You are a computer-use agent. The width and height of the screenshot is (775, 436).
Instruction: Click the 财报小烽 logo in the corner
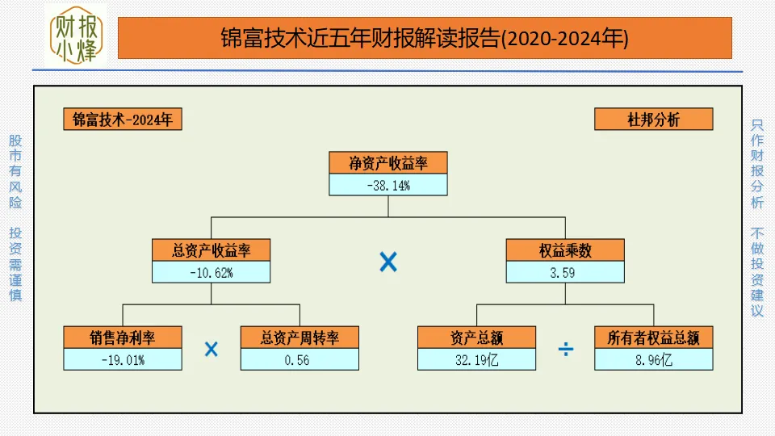[77, 37]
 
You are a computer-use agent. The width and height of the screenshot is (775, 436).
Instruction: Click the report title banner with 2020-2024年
[425, 38]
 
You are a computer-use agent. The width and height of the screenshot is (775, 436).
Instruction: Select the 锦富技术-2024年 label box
[123, 119]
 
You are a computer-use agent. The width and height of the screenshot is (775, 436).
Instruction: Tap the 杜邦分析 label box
[654, 119]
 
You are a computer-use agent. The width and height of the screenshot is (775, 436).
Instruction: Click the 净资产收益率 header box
[388, 162]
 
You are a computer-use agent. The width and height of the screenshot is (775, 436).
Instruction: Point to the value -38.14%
[388, 185]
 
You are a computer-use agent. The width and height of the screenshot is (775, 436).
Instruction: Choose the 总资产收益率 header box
[212, 250]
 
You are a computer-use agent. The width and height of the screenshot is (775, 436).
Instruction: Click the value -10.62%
[212, 272]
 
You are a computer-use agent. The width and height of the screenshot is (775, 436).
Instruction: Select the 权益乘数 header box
[565, 250]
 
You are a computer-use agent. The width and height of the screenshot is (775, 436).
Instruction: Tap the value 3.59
[565, 272]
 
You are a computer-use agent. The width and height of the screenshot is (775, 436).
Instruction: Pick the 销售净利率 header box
[123, 337]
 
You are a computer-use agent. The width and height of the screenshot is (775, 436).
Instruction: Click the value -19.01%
[123, 359]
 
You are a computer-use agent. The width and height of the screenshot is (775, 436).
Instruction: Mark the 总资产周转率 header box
[300, 337]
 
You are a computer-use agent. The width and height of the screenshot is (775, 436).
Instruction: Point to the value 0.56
[300, 359]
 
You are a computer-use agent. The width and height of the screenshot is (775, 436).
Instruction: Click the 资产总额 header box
[476, 337]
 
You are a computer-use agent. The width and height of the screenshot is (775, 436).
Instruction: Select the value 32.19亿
[476, 359]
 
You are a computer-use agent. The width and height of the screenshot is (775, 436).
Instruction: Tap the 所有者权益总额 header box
[654, 337]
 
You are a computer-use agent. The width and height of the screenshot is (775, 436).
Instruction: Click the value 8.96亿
[654, 359]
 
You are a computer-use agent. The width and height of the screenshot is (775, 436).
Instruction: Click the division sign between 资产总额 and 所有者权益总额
[566, 349]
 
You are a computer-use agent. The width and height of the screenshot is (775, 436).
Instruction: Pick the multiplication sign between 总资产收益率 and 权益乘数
[388, 262]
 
